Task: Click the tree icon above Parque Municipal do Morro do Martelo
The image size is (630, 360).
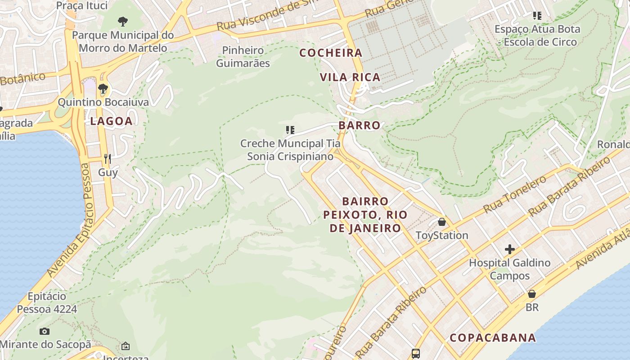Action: tap(122, 21)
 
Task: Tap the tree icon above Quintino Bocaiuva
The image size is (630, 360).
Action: tap(103, 88)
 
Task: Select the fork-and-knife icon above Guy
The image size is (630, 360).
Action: tap(108, 158)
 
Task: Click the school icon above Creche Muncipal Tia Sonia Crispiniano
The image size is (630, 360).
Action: tap(290, 130)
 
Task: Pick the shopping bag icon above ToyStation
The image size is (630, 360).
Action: tap(442, 222)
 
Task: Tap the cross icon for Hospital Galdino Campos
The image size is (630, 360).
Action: tap(509, 249)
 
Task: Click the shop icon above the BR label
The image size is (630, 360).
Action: tap(532, 294)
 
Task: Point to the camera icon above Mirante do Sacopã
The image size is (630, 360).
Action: tap(44, 332)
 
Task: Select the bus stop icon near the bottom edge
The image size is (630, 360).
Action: tap(416, 354)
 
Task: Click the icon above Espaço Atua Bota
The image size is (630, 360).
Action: tap(537, 16)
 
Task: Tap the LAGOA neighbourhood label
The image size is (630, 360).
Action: tap(111, 121)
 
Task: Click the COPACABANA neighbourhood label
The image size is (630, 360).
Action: tap(493, 337)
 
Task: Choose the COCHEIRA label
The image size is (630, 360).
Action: tap(331, 53)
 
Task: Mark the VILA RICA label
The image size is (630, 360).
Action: tap(350, 77)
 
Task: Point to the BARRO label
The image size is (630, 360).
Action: tap(360, 125)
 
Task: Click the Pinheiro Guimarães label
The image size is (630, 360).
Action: tap(243, 57)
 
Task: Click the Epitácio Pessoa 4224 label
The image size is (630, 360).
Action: tap(47, 303)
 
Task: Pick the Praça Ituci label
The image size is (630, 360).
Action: tap(82, 5)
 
